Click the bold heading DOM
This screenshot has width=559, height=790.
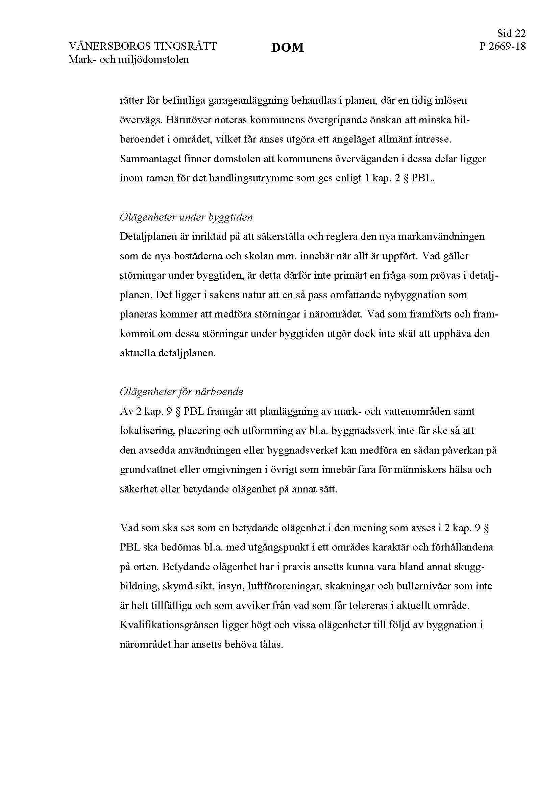coord(287,47)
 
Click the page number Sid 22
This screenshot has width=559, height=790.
coord(511,33)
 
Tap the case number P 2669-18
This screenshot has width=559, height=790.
coord(503,46)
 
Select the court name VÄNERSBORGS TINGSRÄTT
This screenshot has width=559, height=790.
coord(143,46)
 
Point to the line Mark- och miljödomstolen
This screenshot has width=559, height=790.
coord(129,59)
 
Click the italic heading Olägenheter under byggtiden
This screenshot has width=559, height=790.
coord(186,217)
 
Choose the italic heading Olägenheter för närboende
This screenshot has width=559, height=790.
coord(181,392)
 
